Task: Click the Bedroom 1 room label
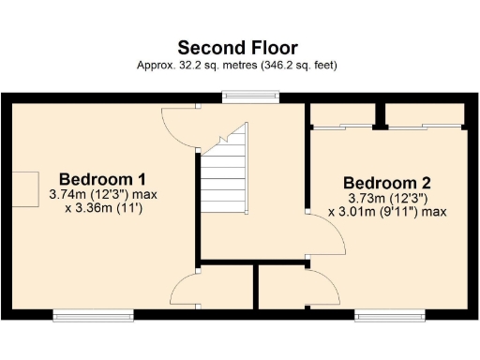click(101, 179)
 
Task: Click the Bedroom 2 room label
click(385, 182)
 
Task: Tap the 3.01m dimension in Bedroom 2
click(359, 212)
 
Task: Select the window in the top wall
click(250, 95)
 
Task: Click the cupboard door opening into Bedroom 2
click(321, 286)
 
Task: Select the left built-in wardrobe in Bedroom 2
click(341, 115)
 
